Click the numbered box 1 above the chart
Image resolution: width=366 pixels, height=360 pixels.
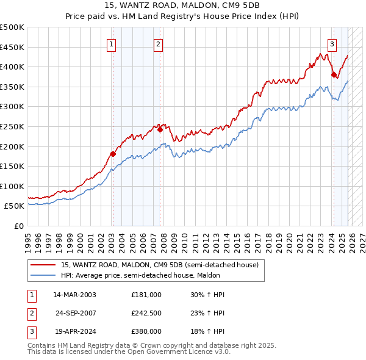(112, 43)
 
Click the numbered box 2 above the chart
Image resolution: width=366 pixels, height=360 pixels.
(158, 43)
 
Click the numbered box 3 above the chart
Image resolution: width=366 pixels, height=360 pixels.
(332, 43)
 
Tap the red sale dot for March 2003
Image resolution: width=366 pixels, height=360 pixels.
(113, 154)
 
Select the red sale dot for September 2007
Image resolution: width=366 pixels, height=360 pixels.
(160, 129)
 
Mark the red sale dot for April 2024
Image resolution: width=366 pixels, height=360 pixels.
(334, 74)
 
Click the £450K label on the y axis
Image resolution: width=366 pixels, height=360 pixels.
(13, 47)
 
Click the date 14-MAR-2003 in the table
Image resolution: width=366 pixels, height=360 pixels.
(74, 295)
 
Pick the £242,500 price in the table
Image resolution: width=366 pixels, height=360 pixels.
(146, 313)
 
